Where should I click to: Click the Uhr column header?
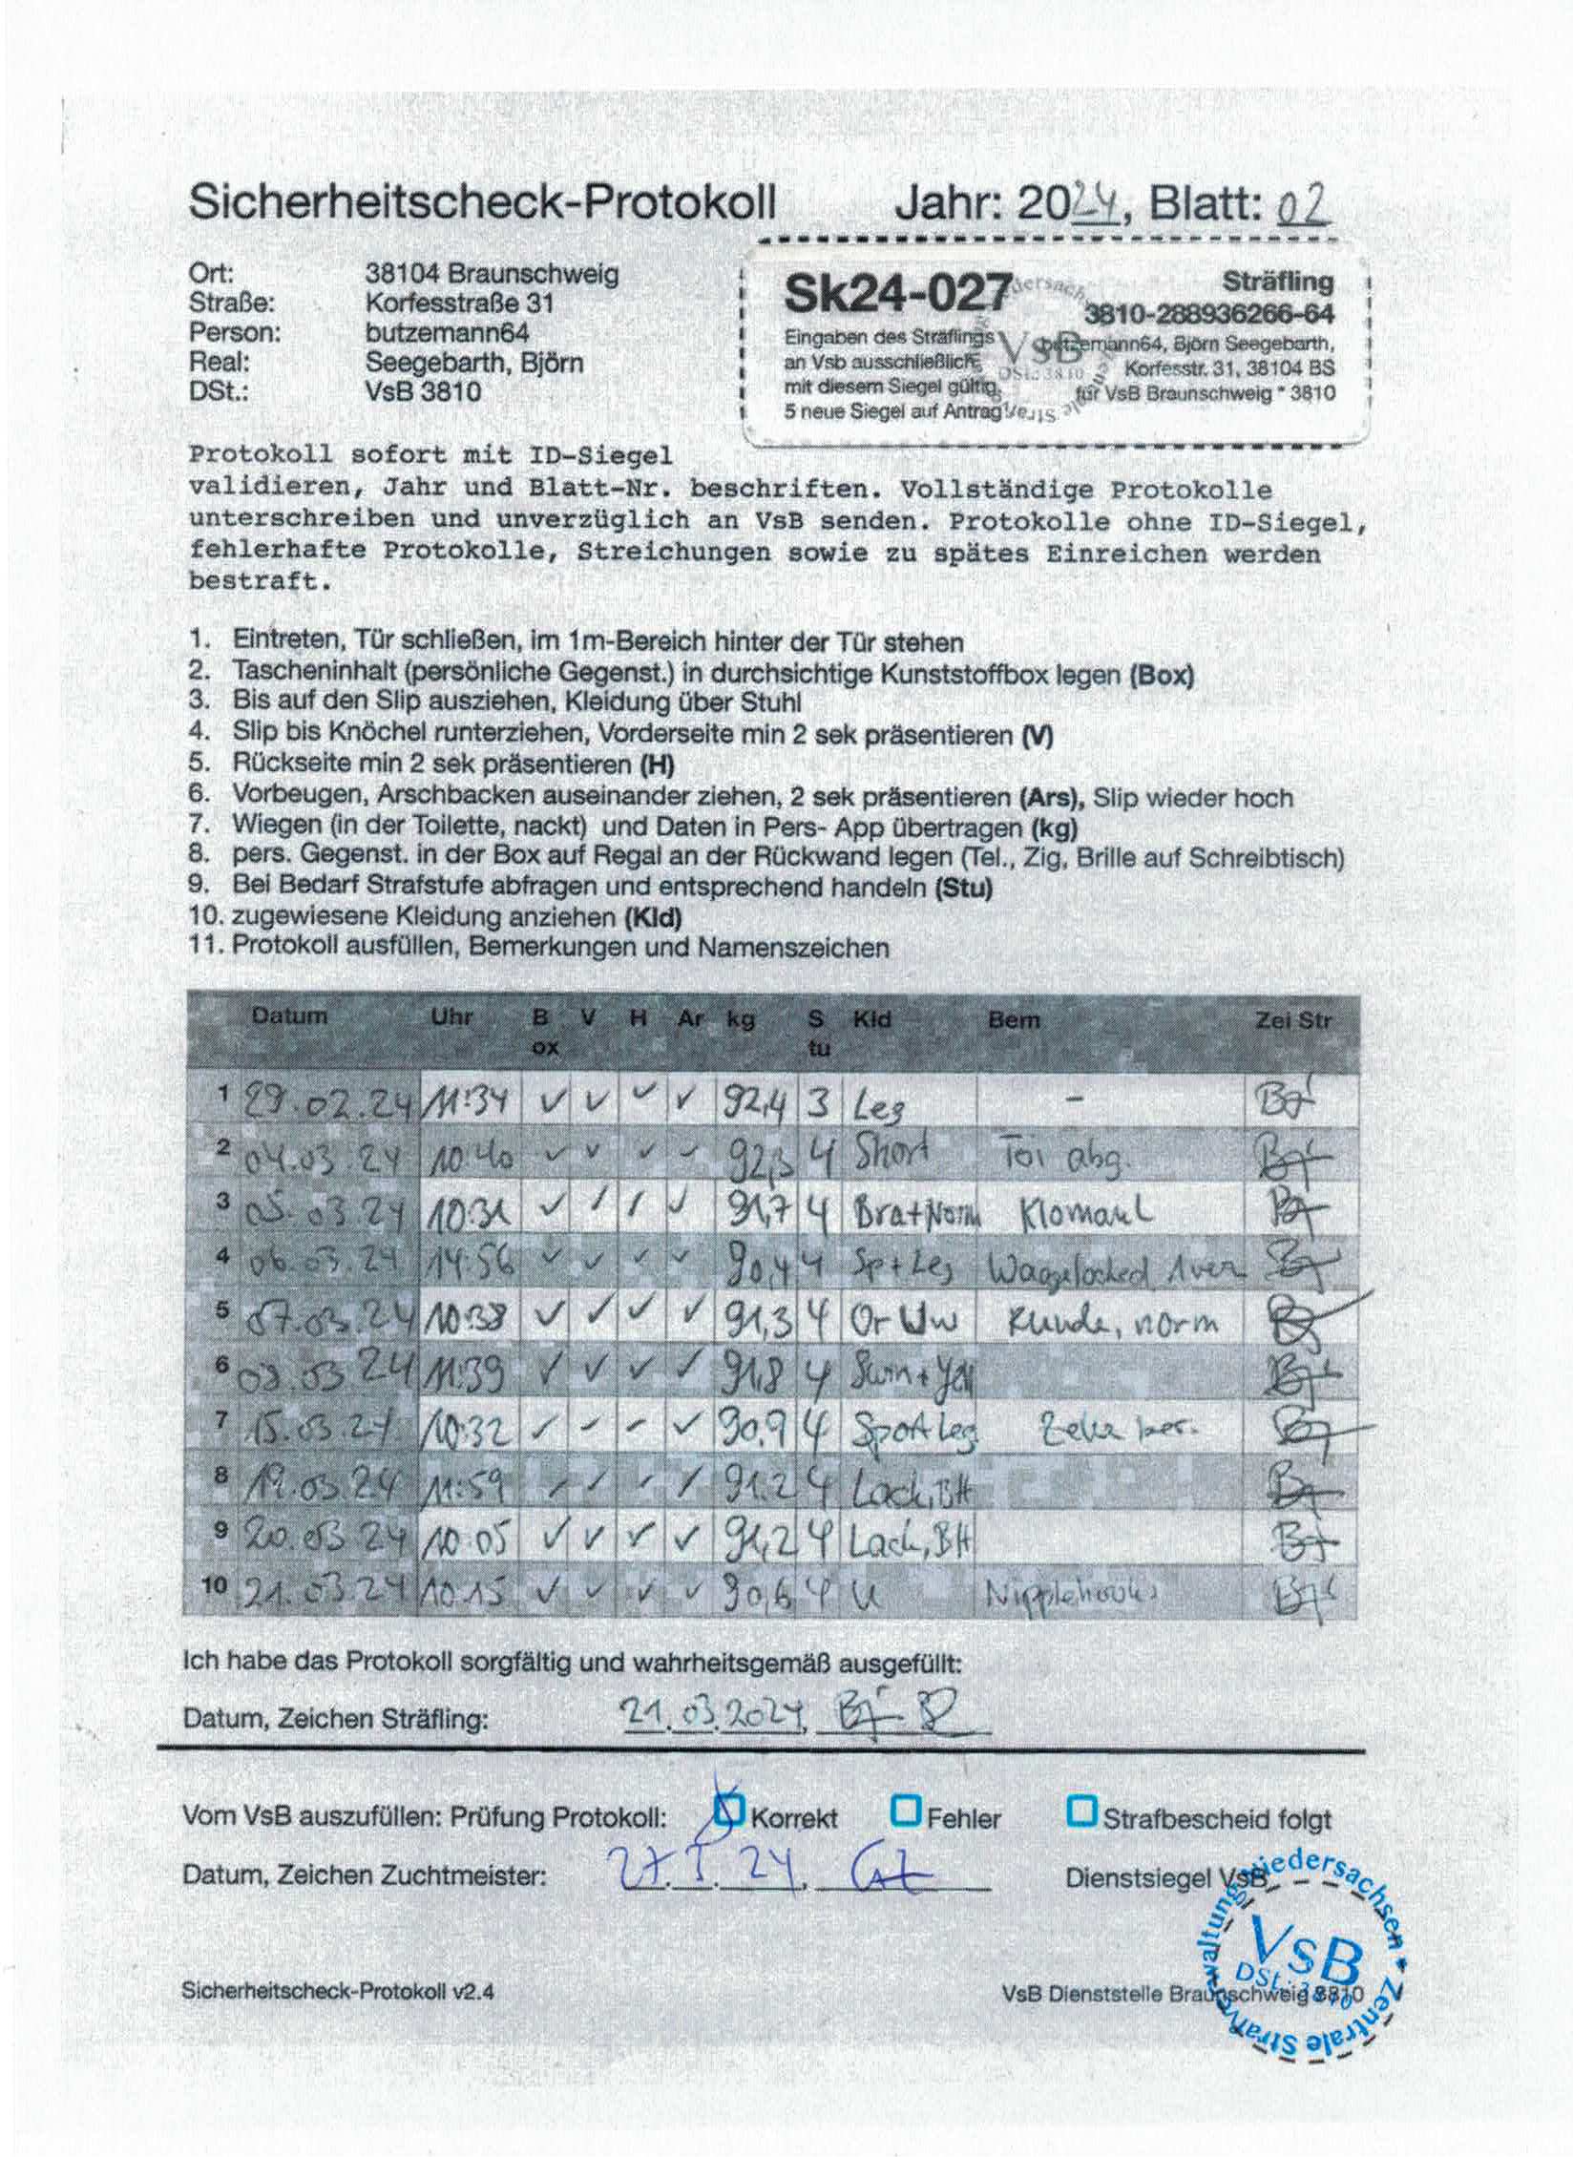[x=451, y=1017]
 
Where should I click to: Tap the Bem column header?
[x=1014, y=1019]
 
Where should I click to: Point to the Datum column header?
[x=289, y=1016]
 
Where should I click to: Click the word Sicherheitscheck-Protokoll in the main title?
[x=482, y=202]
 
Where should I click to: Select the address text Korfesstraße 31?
[x=460, y=304]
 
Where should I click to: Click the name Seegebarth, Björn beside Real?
[x=473, y=363]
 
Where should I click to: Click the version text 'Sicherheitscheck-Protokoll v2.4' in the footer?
[x=338, y=1992]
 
